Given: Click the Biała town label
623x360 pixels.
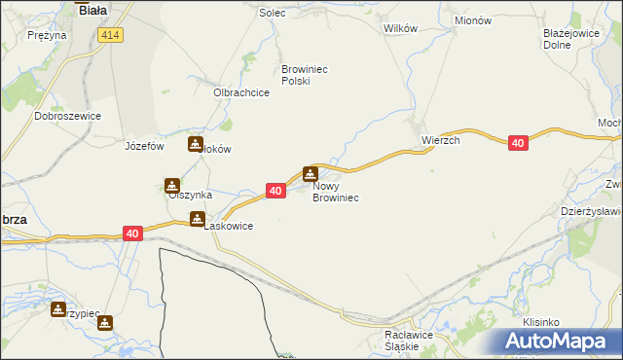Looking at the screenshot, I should tap(92, 10).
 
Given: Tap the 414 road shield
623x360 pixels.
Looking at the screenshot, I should tap(110, 34).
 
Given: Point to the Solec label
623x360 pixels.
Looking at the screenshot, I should tap(271, 14).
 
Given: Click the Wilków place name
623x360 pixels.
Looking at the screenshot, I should tap(401, 28).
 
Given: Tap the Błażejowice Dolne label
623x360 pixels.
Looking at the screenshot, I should tap(569, 38).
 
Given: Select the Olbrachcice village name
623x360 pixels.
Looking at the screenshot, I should tap(240, 93).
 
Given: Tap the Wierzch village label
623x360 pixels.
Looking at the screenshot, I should tap(440, 140).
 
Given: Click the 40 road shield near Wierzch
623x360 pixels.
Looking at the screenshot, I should tap(518, 143).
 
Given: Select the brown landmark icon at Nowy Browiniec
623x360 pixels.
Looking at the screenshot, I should tap(311, 174).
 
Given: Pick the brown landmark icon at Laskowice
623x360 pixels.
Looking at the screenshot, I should tap(198, 219).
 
